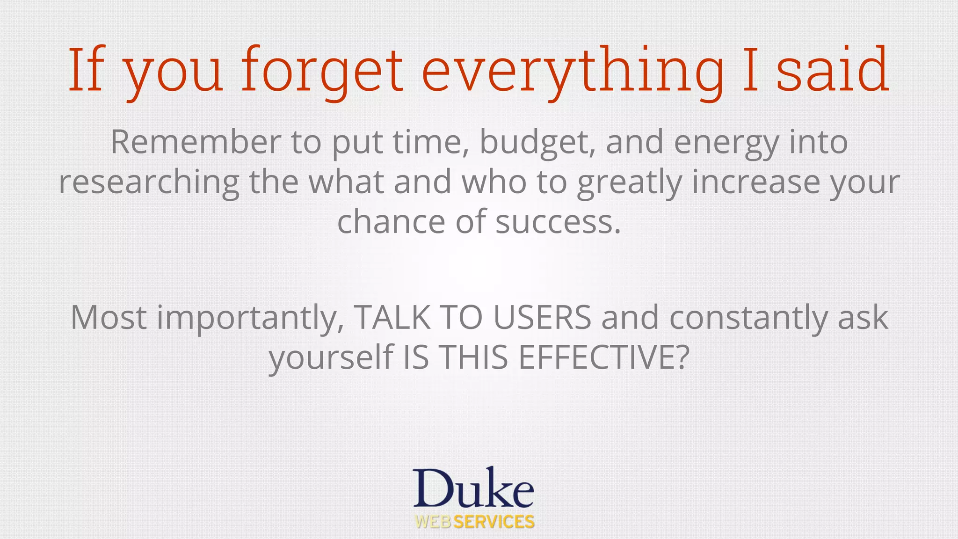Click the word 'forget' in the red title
(x=322, y=70)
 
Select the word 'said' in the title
(x=833, y=70)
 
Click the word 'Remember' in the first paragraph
(x=196, y=142)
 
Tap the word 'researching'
(x=149, y=182)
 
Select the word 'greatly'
(x=629, y=182)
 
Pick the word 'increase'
(x=755, y=182)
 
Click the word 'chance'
(x=391, y=222)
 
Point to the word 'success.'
(x=558, y=222)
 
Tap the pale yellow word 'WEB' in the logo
(x=433, y=522)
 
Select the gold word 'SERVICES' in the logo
(x=494, y=522)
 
